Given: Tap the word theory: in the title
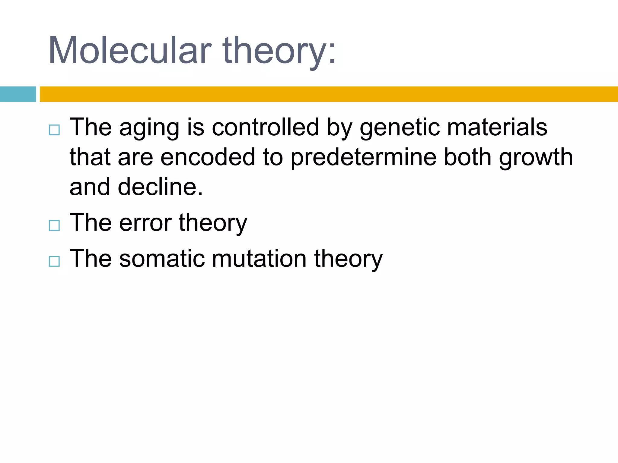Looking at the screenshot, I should (279, 50).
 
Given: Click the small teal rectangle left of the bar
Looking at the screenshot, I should (18, 94).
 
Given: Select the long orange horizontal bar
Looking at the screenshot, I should (329, 94).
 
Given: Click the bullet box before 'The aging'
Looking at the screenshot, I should (54, 130).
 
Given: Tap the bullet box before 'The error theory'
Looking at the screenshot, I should (54, 225).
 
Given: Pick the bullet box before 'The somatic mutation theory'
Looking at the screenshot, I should (54, 261).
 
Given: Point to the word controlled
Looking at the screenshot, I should (265, 127).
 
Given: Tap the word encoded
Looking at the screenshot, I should (208, 157).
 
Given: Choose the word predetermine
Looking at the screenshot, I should (363, 157).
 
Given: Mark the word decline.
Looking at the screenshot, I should (160, 187).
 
